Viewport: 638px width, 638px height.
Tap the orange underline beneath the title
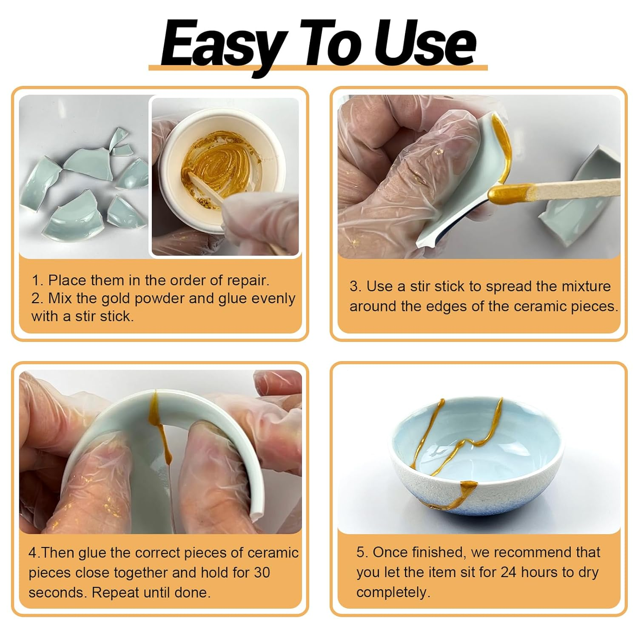[x=318, y=68]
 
